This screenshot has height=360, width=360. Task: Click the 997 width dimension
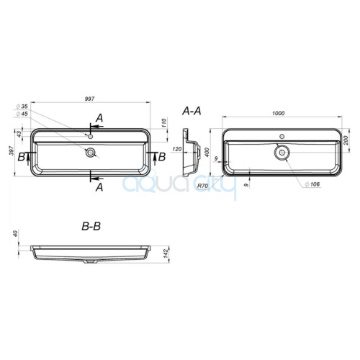[x=89, y=99]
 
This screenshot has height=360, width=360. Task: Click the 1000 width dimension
[x=278, y=113]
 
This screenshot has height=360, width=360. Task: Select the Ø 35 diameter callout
[x=22, y=107]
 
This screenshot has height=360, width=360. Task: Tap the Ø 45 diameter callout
[x=22, y=114]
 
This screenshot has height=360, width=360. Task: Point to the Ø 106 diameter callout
[x=312, y=184]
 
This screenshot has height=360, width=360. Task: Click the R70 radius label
[x=202, y=186]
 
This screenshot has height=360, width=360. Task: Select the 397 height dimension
[x=12, y=150]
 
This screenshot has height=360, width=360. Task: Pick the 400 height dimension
[x=207, y=152]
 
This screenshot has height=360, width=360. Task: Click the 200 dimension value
[x=346, y=140]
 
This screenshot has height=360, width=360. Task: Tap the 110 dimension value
[x=164, y=123]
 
